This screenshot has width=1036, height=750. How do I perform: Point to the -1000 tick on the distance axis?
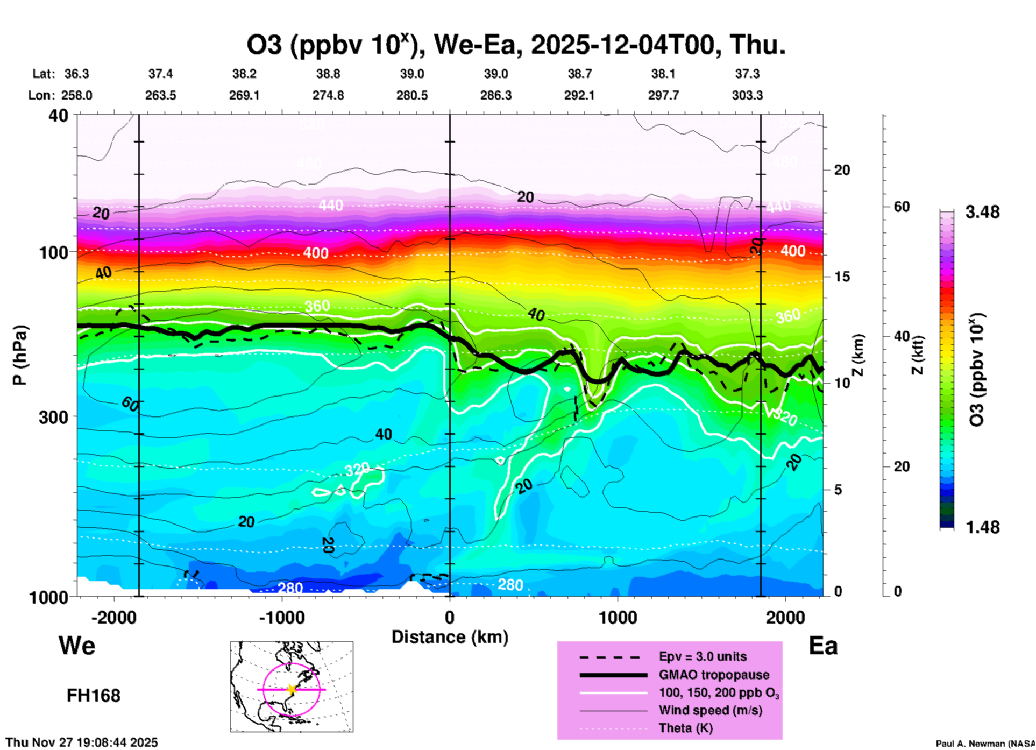(281, 617)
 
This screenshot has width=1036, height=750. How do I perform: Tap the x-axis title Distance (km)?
(450, 637)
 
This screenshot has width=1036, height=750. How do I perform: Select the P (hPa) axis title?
(20, 355)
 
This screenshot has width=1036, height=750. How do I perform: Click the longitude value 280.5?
(412, 95)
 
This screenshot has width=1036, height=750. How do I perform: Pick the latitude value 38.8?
(328, 74)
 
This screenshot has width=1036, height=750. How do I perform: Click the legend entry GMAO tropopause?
(714, 675)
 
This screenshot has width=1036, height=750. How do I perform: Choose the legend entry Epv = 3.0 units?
(703, 656)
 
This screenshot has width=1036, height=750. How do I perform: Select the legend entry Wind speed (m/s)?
(710, 710)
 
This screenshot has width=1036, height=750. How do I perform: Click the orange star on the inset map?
(292, 689)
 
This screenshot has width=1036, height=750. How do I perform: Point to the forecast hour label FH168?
(94, 696)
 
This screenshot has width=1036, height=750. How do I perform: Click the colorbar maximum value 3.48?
(982, 212)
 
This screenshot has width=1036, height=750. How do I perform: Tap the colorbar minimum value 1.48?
(982, 527)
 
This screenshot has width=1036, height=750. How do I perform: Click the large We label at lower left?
(77, 645)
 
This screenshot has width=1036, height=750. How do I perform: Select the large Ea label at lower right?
(823, 646)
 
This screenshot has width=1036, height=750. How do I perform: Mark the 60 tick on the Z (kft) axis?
(902, 207)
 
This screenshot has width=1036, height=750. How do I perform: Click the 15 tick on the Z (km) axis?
(842, 277)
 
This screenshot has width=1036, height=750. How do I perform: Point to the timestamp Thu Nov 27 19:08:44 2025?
(82, 742)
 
